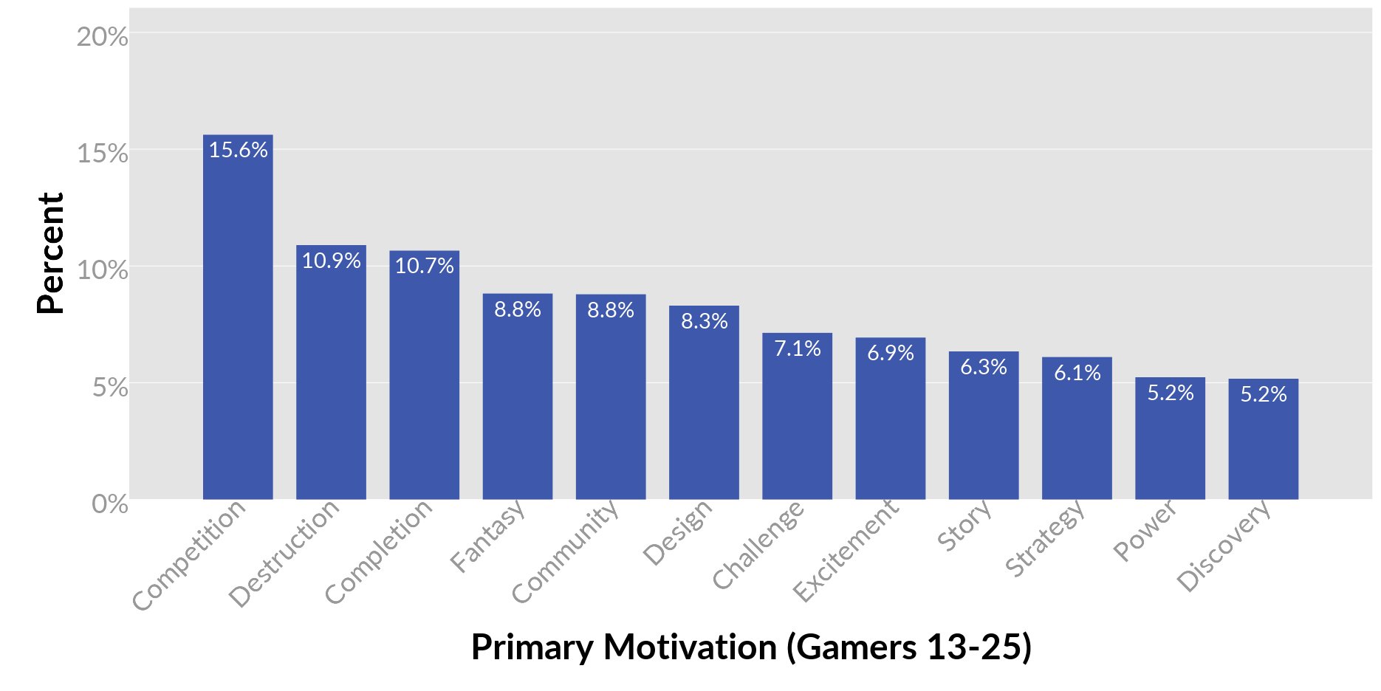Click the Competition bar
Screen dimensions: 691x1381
[238, 317]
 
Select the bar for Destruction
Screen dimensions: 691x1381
[331, 372]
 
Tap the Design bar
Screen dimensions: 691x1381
[704, 402]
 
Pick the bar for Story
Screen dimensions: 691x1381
[984, 425]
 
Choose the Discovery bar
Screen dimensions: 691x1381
[1263, 439]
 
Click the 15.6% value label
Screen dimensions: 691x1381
[238, 150]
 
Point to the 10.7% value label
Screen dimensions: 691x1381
[424, 266]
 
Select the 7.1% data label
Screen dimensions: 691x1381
[797, 348]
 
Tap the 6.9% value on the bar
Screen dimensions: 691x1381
[890, 353]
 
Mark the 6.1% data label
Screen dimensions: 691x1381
[1077, 373]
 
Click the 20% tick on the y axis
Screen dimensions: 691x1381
[102, 37]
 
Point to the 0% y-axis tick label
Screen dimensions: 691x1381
[109, 504]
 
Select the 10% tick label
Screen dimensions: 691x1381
[102, 270]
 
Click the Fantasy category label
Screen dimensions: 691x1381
[487, 537]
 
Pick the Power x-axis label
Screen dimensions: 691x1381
[1145, 531]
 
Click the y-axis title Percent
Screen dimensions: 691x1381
[50, 253]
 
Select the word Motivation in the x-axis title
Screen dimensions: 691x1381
[690, 647]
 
